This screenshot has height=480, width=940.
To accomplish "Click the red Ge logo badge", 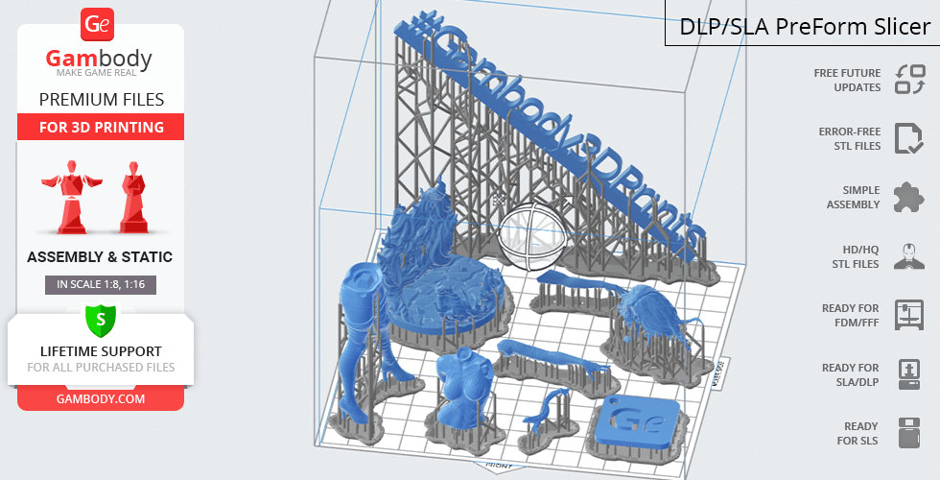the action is [97, 25].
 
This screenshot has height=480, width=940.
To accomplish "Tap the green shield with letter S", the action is [101, 320].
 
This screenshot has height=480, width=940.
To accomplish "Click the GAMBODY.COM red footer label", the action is [101, 399].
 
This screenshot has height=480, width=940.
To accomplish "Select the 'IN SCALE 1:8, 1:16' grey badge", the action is [101, 284].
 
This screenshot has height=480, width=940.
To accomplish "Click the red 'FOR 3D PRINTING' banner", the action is [101, 127].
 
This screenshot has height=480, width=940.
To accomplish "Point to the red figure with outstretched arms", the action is [72, 196].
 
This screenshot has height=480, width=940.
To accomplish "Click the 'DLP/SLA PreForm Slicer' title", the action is [805, 27].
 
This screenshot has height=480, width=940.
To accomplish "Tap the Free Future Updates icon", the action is [910, 80].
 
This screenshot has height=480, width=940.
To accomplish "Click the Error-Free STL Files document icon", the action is [908, 138].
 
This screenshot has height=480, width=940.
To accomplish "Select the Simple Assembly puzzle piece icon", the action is [909, 198].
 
